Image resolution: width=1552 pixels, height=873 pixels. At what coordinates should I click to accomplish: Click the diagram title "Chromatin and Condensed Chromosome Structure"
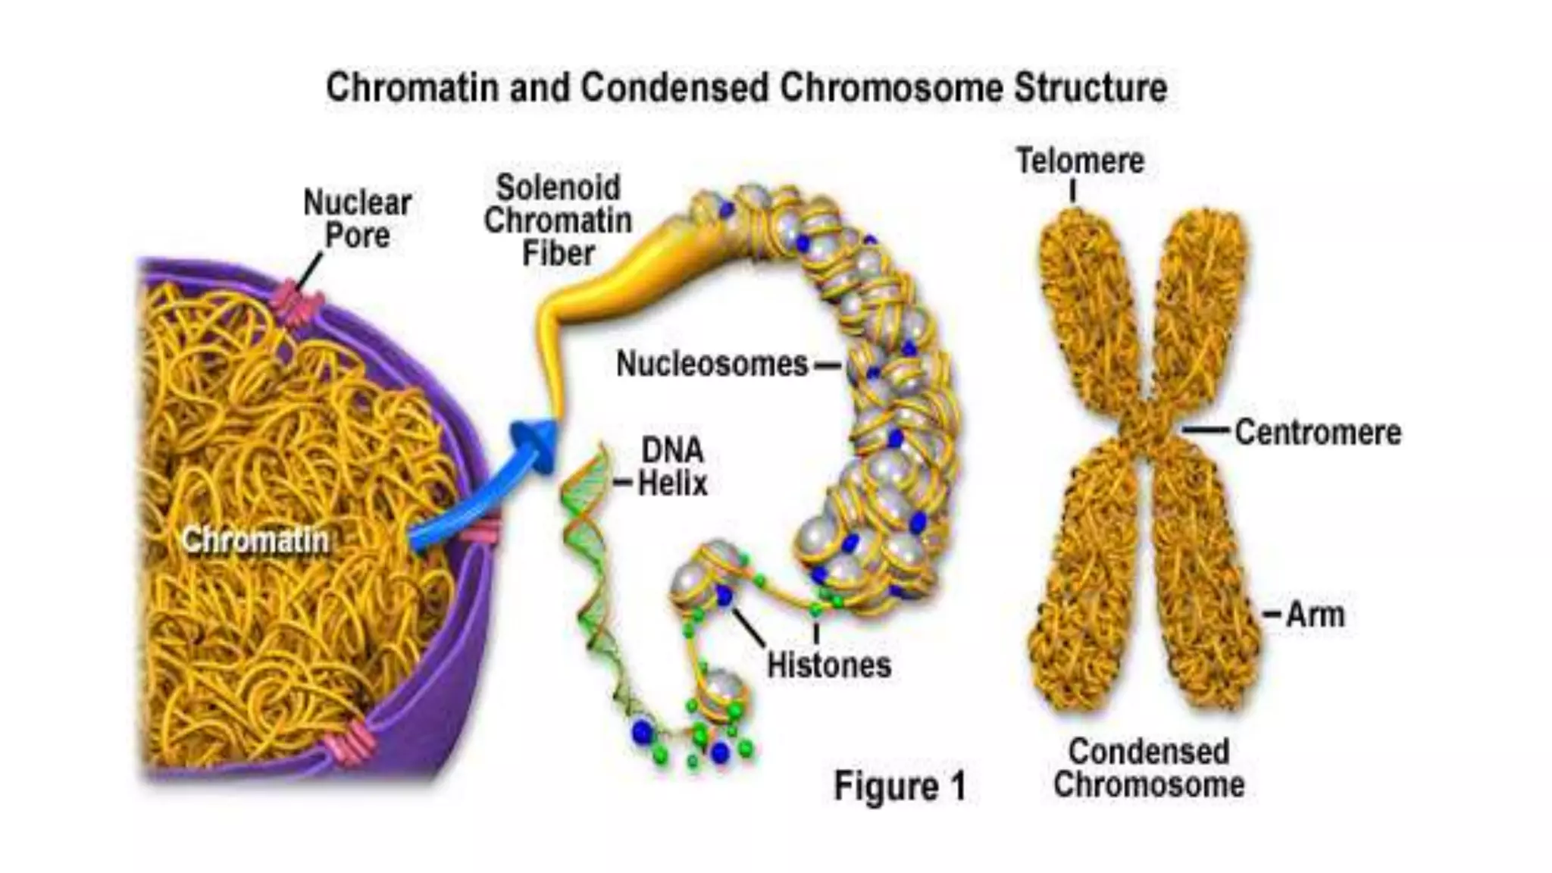(746, 88)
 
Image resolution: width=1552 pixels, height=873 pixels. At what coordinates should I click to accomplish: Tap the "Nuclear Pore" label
(357, 219)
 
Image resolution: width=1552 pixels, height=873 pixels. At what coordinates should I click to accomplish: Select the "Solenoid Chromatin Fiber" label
(558, 221)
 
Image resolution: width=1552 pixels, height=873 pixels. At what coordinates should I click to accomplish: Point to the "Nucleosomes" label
(712, 365)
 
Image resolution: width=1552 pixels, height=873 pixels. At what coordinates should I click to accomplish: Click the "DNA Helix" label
(672, 467)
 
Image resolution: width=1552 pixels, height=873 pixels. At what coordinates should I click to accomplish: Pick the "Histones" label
(829, 665)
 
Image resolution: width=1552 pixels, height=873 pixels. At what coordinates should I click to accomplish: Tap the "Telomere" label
(1080, 161)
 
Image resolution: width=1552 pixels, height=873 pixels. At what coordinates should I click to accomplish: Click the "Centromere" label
(1318, 433)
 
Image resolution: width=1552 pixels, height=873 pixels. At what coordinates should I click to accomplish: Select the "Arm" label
(1316, 615)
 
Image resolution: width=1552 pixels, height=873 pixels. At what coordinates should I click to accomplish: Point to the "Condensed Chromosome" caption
(1149, 768)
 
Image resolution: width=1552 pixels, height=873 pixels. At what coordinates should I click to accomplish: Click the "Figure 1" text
(900, 786)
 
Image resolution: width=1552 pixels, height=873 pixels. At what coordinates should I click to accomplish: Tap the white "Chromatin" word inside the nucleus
(255, 540)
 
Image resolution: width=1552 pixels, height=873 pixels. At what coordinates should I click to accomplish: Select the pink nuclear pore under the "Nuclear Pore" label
(296, 304)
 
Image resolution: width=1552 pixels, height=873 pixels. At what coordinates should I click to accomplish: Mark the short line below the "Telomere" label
(1073, 191)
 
